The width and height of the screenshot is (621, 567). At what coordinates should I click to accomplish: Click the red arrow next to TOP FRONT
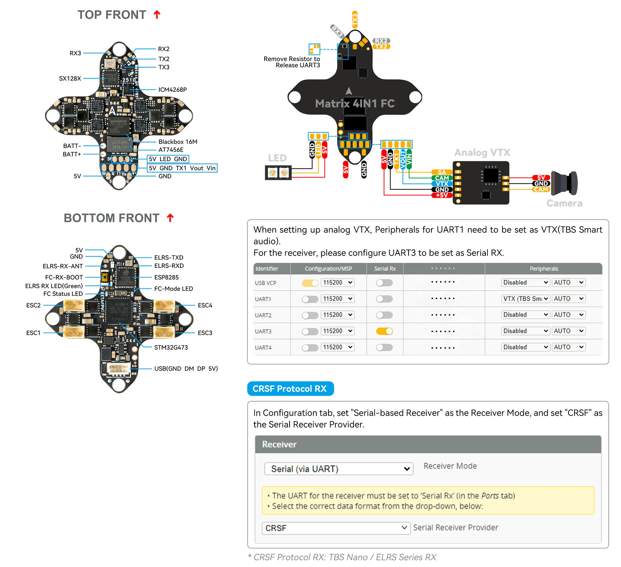tap(157, 15)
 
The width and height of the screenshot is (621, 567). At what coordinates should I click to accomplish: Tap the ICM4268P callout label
tap(172, 90)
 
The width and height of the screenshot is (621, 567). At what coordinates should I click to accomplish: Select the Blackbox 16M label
tap(178, 142)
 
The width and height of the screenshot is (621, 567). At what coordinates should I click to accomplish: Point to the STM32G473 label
tap(171, 348)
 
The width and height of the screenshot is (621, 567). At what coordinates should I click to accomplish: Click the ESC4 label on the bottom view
tap(205, 306)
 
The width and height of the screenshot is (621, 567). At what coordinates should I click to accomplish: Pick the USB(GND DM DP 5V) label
tap(186, 369)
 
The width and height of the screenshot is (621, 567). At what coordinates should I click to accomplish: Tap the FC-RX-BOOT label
tap(64, 277)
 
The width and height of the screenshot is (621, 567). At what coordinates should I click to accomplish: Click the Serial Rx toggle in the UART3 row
tap(384, 331)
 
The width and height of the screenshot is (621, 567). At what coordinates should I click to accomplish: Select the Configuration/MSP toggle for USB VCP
tap(310, 283)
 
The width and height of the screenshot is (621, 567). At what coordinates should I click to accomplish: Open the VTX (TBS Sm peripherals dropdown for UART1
tap(526, 299)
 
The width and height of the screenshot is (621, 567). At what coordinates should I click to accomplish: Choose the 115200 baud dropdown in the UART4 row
tap(337, 347)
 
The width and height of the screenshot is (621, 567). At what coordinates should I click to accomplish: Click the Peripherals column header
tap(544, 269)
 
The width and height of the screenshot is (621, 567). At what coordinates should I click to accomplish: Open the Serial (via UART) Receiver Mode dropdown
tap(339, 469)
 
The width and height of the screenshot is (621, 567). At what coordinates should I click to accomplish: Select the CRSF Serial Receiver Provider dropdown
tap(336, 528)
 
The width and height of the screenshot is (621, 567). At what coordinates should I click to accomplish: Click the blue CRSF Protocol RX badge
tap(290, 389)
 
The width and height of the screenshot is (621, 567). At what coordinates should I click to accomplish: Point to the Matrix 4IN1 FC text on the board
tap(354, 104)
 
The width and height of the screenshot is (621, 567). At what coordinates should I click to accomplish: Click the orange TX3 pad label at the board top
tap(355, 19)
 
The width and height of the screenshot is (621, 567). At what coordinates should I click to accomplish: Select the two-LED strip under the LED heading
tap(278, 173)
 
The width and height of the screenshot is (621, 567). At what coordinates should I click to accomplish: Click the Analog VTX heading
tap(482, 153)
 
